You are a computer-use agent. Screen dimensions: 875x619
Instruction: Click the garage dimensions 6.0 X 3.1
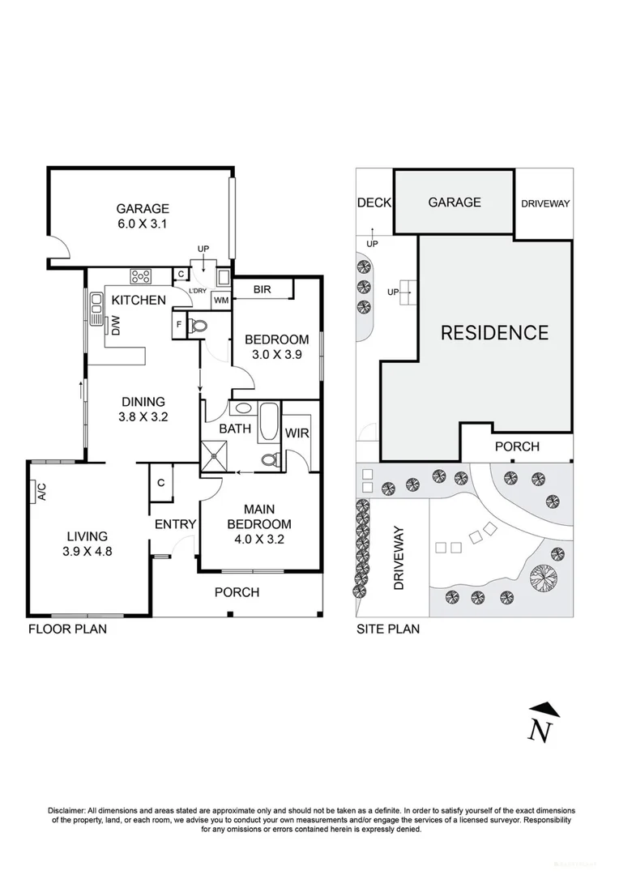[x=142, y=224]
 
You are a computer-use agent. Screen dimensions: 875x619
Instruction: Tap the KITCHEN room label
[x=139, y=301]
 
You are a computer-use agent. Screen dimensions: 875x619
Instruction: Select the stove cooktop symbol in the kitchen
[x=142, y=276]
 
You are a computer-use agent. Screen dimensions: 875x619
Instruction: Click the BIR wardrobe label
[x=262, y=289]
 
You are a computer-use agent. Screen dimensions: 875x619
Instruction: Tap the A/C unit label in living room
[x=38, y=491]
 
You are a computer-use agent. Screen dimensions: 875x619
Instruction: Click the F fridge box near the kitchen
[x=177, y=326]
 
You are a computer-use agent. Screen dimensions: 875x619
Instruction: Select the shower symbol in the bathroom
[x=216, y=458]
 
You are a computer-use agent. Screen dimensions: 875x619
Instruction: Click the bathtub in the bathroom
[x=267, y=422]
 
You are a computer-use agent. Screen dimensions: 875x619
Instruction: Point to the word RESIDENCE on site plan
[x=494, y=332]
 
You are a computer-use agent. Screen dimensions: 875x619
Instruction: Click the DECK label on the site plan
[x=374, y=203]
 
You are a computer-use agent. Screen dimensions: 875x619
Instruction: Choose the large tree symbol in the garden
[x=544, y=578]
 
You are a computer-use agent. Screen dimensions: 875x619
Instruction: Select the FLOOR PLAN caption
[x=67, y=629]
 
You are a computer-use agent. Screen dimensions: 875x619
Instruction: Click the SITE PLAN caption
[x=388, y=629]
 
